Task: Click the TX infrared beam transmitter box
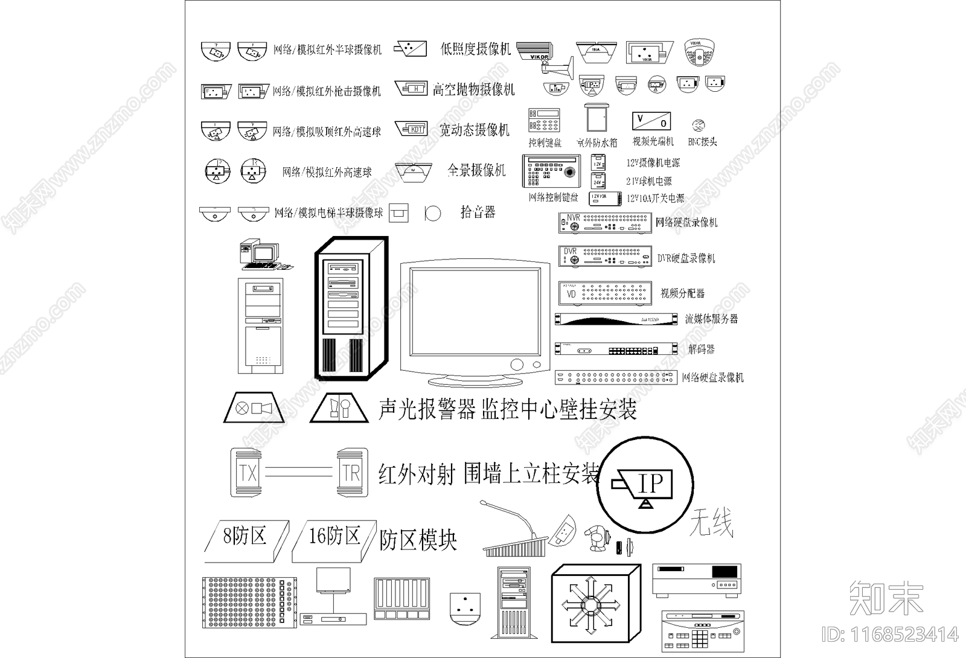click(x=246, y=473)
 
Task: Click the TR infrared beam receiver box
click(x=351, y=473)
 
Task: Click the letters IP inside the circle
click(x=650, y=484)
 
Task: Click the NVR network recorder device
click(x=604, y=223)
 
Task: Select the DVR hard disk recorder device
click(x=604, y=257)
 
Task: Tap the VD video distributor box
click(x=604, y=293)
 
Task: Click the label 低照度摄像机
click(x=475, y=49)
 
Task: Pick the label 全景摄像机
click(x=476, y=170)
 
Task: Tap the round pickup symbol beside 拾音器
click(x=433, y=212)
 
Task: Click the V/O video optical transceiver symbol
click(x=651, y=121)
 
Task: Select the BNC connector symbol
click(x=699, y=126)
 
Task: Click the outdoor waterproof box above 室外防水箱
click(x=597, y=119)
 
